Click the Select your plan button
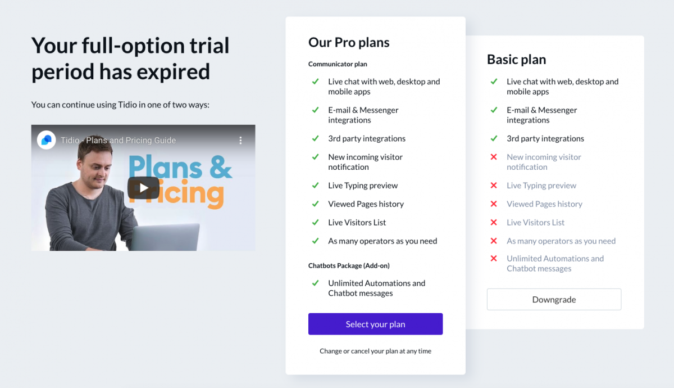[375, 324]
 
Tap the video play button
[144, 188]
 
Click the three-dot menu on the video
[240, 141]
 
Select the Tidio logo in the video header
[46, 140]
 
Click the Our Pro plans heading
[349, 42]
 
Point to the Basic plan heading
[516, 60]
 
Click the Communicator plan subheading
[338, 64]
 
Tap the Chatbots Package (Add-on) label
[349, 265]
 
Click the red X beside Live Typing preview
[494, 185]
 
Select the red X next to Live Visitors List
[494, 222]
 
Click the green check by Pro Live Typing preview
[315, 185]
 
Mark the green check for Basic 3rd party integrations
[494, 138]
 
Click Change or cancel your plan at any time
[375, 351]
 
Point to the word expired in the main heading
[173, 72]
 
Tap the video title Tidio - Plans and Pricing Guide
[119, 141]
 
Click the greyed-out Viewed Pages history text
[544, 204]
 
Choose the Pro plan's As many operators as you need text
[382, 241]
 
